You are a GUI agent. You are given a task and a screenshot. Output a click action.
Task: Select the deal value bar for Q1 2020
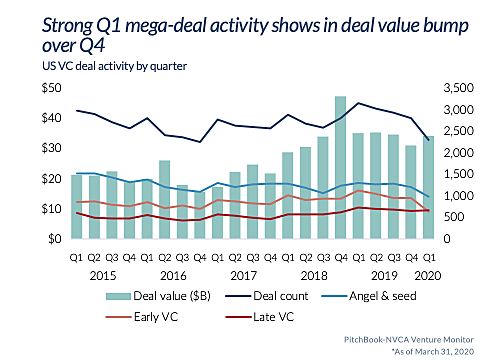tap(429, 190)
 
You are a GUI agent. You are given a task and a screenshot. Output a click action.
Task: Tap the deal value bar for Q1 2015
tap(76, 207)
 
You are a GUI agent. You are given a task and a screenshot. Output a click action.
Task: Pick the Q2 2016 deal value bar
tap(164, 200)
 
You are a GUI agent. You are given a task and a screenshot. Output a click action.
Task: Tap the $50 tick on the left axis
tap(49, 90)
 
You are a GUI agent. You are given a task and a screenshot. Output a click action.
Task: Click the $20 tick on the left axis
tap(49, 180)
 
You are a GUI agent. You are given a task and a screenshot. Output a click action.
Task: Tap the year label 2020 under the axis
tap(428, 273)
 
